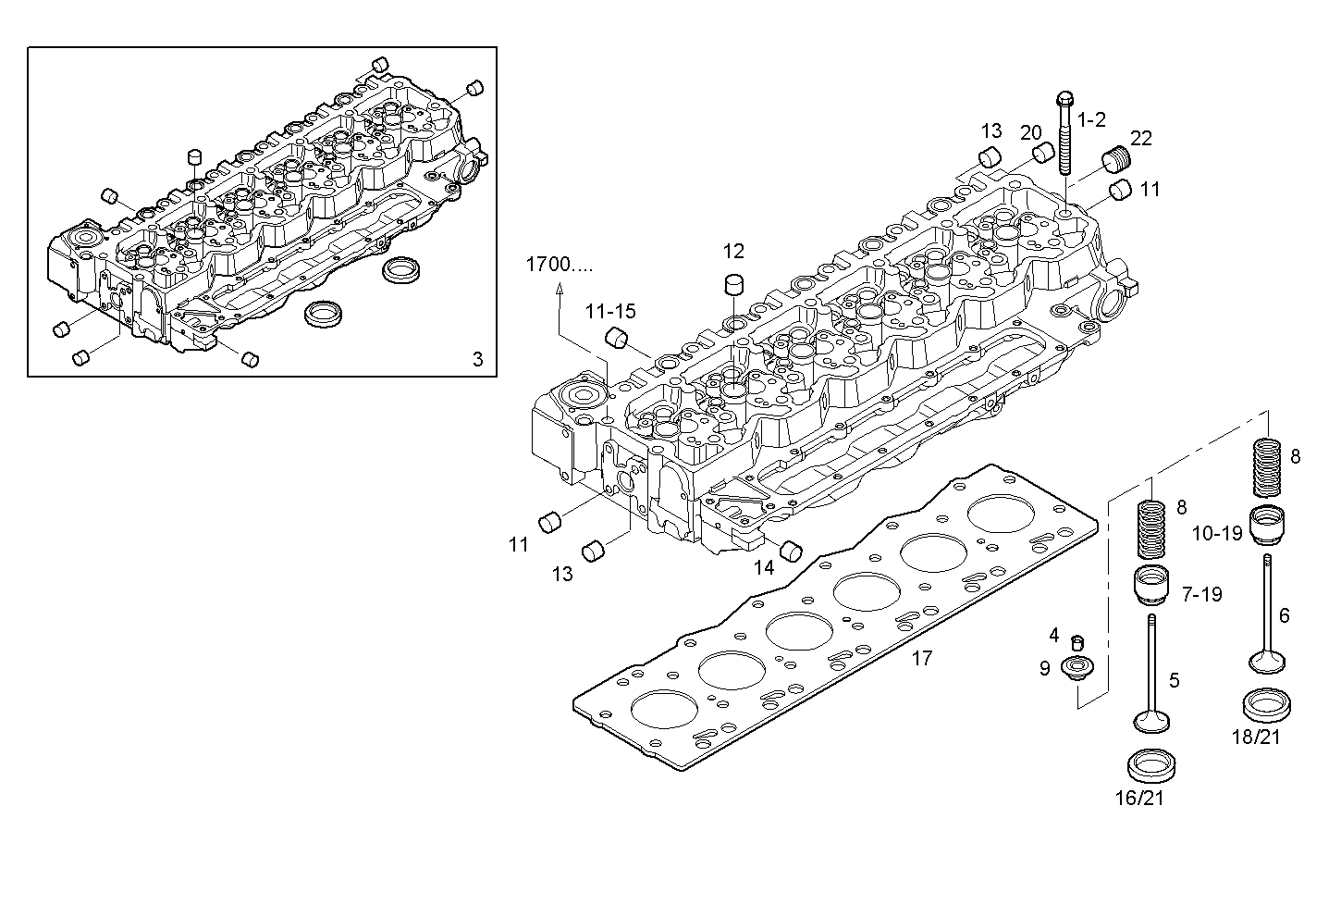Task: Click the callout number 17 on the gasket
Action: (x=921, y=659)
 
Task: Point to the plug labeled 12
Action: (x=733, y=282)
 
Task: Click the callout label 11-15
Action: (x=609, y=312)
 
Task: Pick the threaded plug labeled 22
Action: (x=1117, y=163)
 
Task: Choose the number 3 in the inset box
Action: (x=477, y=360)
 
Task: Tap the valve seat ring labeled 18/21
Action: (x=1267, y=705)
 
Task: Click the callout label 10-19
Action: (x=1216, y=534)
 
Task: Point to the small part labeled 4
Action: (x=1076, y=642)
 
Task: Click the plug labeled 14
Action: (x=791, y=551)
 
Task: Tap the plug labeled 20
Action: (x=1045, y=153)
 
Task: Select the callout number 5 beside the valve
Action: (x=1175, y=681)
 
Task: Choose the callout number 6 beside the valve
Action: (x=1284, y=616)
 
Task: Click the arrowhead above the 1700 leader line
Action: (x=559, y=290)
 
